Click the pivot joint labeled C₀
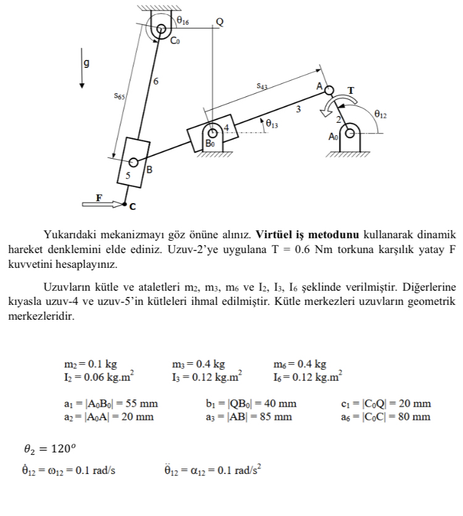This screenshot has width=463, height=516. (162, 28)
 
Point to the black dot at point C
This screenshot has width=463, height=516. (125, 204)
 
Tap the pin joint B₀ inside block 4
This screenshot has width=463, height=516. (213, 133)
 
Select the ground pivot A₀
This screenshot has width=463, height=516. (350, 132)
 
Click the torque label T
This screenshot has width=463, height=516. (351, 90)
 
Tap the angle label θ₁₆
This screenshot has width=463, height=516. (183, 21)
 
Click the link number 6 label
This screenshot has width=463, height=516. (156, 81)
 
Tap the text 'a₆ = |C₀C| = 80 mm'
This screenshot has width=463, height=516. (385, 417)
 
